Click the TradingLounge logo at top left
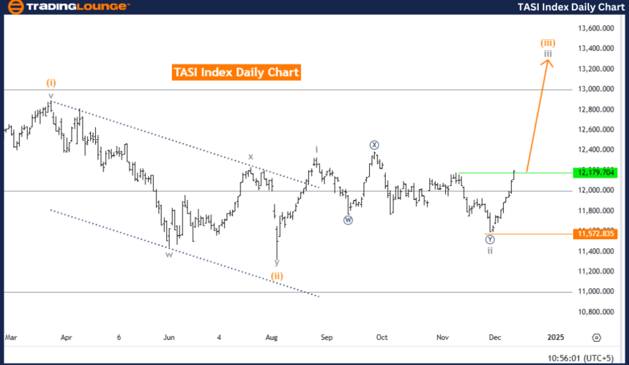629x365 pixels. tap(67, 7)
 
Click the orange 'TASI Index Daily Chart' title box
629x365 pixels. tap(236, 71)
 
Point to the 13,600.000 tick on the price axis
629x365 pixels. tap(596, 29)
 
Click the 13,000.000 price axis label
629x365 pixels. tap(596, 90)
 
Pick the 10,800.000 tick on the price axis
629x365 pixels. tap(596, 312)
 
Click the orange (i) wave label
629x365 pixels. tap(51, 83)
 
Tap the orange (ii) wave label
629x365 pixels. tap(277, 276)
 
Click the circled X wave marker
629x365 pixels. tap(374, 145)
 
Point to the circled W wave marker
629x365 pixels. tap(348, 220)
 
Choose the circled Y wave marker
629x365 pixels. tap(490, 239)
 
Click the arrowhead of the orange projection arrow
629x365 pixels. tap(549, 62)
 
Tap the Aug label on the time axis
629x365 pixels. tap(272, 337)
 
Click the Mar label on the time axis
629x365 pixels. tap(10, 337)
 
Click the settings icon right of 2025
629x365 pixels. tap(596, 337)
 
